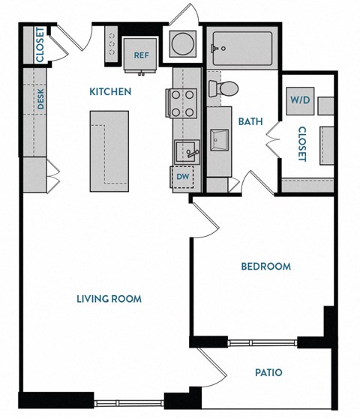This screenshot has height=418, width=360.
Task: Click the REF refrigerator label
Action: pyautogui.click(x=140, y=55)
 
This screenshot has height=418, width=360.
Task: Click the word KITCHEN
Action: pyautogui.click(x=110, y=92)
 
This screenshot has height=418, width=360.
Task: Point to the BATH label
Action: pyautogui.click(x=249, y=121)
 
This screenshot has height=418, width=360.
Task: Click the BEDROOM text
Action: pyautogui.click(x=265, y=266)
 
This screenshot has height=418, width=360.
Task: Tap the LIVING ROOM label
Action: pyautogui.click(x=109, y=299)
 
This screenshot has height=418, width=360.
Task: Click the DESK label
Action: pyautogui.click(x=41, y=100)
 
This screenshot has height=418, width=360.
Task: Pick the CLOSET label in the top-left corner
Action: pyautogui.click(x=39, y=45)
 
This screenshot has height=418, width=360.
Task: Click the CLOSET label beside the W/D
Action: pyautogui.click(x=301, y=143)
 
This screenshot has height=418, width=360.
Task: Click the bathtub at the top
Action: pyautogui.click(x=239, y=46)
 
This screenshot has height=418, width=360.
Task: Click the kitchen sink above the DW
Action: pyautogui.click(x=186, y=151)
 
